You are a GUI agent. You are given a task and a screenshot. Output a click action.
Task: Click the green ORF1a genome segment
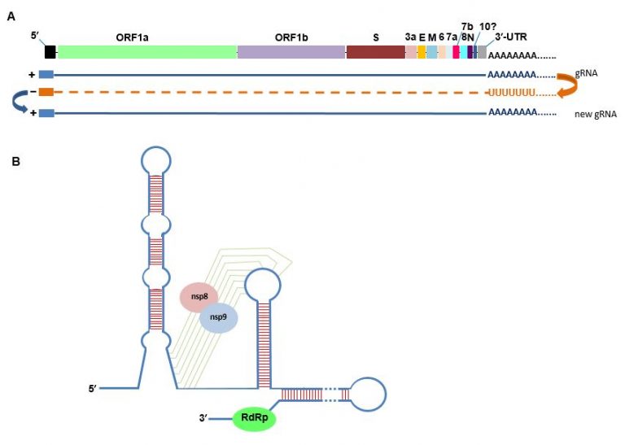[x=146, y=51]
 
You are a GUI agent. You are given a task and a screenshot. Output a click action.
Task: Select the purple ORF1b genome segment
[x=291, y=51]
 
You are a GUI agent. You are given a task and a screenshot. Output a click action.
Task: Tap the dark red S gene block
[x=375, y=51]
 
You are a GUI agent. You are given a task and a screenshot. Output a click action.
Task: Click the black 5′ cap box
[x=50, y=51]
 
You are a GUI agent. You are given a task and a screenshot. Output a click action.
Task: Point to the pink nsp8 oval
[x=199, y=297]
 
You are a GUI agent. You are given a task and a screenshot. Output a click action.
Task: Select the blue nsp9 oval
[x=219, y=317]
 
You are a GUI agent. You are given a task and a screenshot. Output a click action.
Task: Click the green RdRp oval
[x=255, y=419]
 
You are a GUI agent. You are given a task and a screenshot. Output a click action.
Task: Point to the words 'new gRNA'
[x=595, y=116]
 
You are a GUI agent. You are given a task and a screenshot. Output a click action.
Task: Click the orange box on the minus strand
[x=46, y=92]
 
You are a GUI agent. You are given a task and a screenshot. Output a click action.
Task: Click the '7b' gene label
[x=467, y=27]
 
